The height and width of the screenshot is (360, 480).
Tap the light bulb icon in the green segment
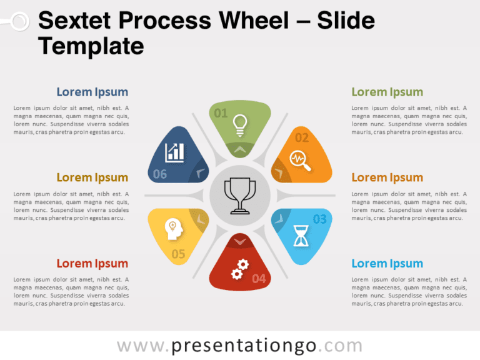(x=239, y=124)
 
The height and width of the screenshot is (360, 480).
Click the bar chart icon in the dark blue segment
(x=174, y=152)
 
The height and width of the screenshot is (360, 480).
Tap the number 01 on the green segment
(x=221, y=113)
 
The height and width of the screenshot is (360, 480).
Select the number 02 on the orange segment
(x=302, y=137)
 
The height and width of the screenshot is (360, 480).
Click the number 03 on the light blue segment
(x=319, y=219)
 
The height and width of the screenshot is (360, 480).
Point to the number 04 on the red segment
(x=259, y=279)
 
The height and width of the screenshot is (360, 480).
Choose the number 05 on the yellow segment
(x=178, y=254)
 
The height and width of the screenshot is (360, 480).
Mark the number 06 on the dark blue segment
(x=160, y=174)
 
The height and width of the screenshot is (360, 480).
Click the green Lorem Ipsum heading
(x=387, y=92)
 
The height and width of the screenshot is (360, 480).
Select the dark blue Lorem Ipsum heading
(x=92, y=92)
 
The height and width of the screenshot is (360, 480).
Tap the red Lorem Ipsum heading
(x=92, y=263)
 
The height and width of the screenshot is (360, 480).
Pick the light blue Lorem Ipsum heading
(x=387, y=263)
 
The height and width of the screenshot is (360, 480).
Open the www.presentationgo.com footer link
(x=239, y=346)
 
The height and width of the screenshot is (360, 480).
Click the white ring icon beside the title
(x=20, y=22)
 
